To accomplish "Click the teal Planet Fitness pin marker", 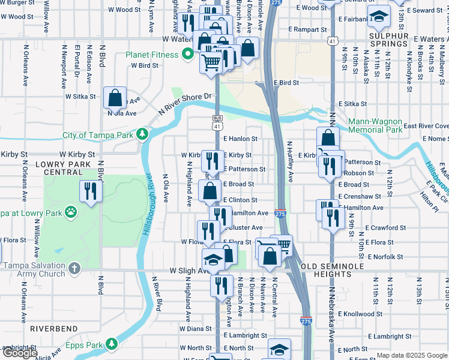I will tap(188, 55).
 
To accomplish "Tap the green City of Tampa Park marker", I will tap(142, 134).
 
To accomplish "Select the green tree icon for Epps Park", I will tap(111, 344).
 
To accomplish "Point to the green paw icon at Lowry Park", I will tap(71, 212).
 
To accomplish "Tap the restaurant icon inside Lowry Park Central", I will tap(90, 191).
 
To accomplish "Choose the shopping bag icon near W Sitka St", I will tap(115, 97).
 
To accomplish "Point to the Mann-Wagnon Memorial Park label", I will tap(375, 125).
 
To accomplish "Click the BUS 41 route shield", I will tap(217, 122).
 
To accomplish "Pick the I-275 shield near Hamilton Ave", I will tap(280, 213).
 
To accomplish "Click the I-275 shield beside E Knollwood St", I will tap(306, 322).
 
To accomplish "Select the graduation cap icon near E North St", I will tap(279, 349).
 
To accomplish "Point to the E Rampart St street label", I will tap(307, 29).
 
